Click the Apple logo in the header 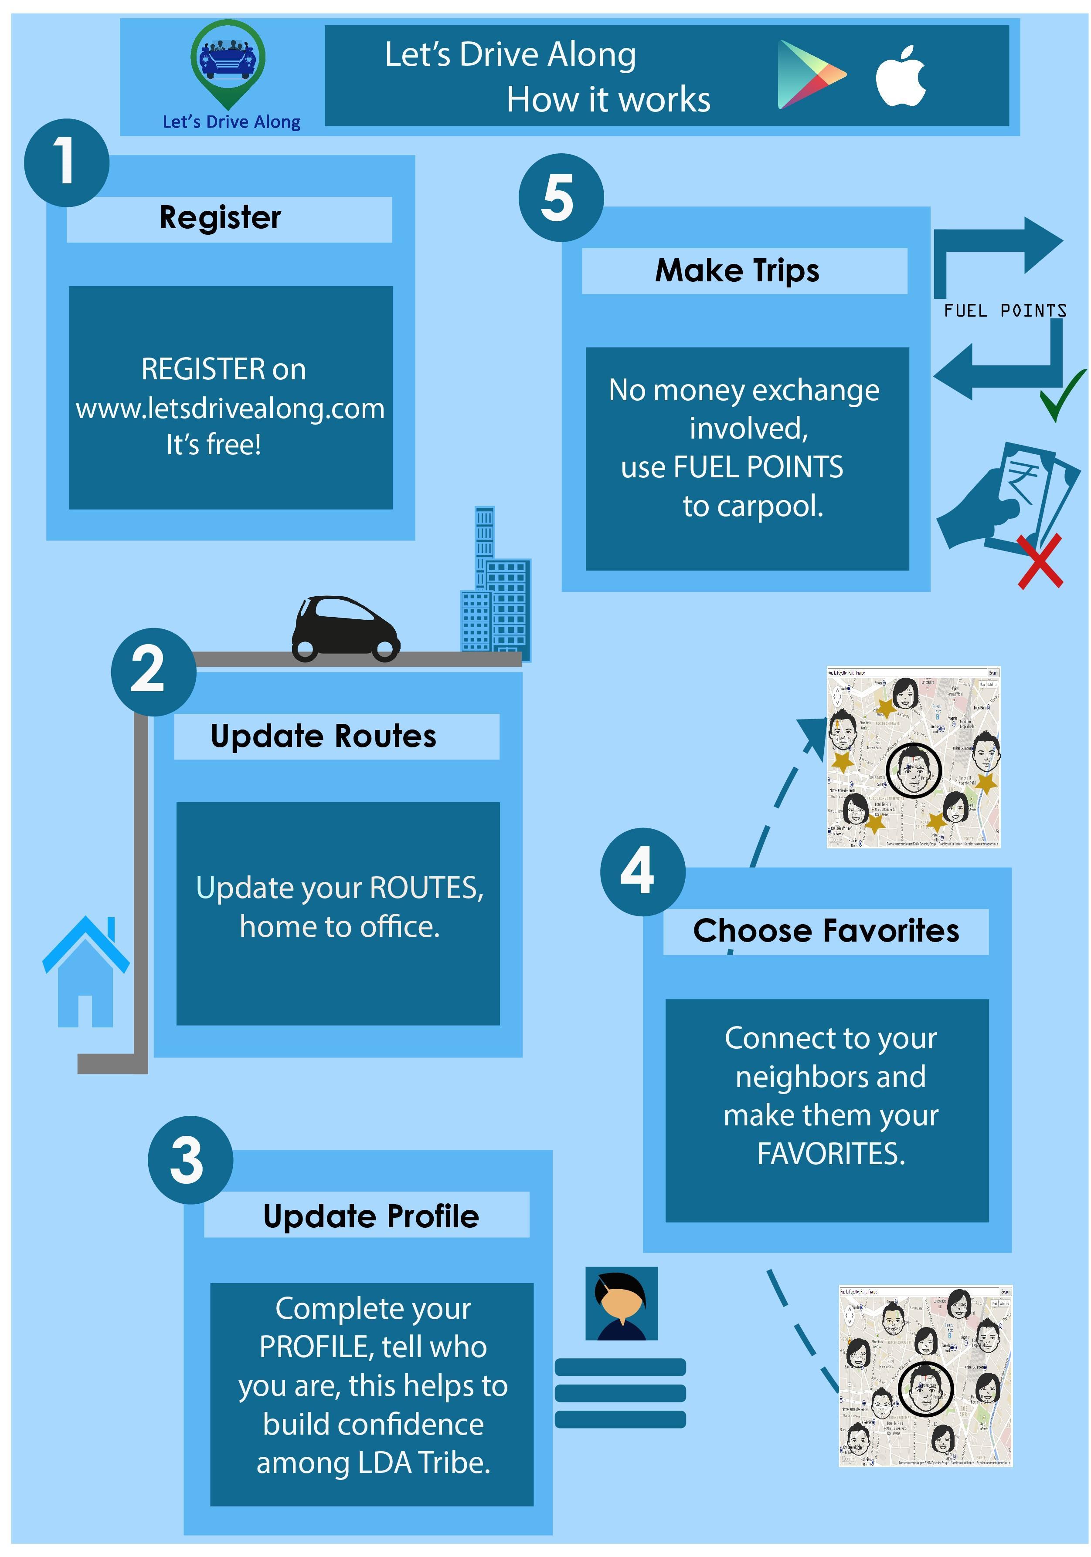[x=901, y=77]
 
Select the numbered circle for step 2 [x=153, y=671]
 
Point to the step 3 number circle [x=190, y=1160]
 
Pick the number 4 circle [x=642, y=871]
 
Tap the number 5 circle [x=561, y=197]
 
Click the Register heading [x=220, y=218]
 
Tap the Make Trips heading [x=737, y=270]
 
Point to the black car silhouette [x=345, y=628]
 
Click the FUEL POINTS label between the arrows [x=1004, y=311]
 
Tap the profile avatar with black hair [x=621, y=1303]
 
